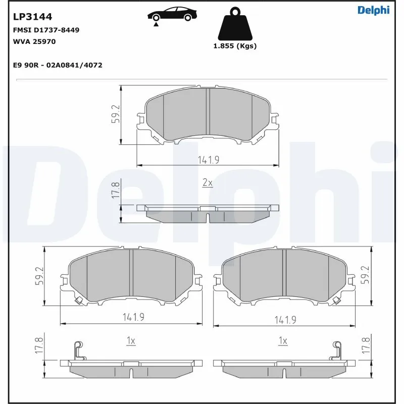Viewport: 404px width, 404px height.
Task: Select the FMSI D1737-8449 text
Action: click(45, 30)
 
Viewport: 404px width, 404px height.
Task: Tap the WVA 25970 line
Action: click(34, 41)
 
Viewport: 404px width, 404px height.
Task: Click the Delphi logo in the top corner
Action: click(373, 10)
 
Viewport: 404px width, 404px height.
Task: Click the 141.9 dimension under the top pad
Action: click(208, 160)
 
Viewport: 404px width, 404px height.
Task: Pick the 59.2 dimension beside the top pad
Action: click(116, 115)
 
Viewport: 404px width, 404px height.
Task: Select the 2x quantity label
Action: click(207, 182)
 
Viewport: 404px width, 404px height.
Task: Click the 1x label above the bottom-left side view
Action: click(130, 341)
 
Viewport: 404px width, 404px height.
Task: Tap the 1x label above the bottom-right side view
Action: click(283, 341)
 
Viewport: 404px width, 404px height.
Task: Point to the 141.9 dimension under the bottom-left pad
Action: click(133, 317)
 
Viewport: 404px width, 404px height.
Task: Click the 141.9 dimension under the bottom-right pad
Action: click(285, 319)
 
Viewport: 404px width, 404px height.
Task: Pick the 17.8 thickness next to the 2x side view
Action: click(116, 191)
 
